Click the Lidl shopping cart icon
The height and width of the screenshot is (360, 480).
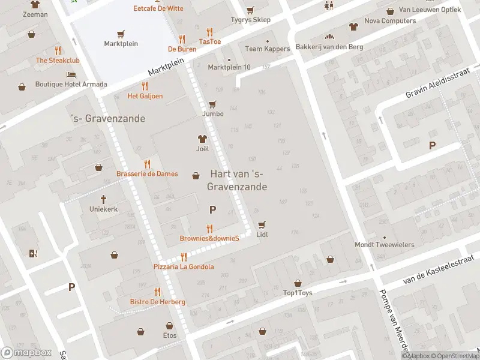coord(262,225)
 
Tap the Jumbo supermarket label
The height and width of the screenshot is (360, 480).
coord(213,113)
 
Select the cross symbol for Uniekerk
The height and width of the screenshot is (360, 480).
coord(103,199)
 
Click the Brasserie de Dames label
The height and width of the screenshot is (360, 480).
coord(147,174)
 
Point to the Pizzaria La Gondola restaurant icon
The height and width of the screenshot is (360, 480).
coord(184,257)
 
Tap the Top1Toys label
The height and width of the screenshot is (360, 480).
coord(298,293)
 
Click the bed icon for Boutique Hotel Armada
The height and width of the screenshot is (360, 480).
coord(71,74)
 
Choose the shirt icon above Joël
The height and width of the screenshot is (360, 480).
coord(202,139)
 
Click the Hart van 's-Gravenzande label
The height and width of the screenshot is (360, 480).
coord(237,180)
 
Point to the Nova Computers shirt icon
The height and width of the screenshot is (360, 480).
coord(353,26)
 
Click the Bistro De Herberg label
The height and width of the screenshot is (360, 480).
coord(158,302)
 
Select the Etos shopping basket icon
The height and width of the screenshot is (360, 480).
coord(140,331)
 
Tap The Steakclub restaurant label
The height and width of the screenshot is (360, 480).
coord(58,61)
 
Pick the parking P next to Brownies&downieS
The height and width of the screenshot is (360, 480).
coord(212,209)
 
